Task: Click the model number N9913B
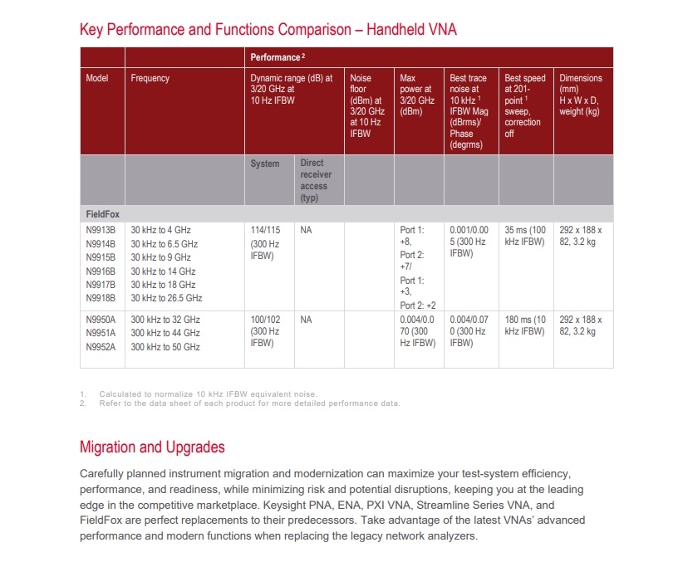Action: click(x=99, y=230)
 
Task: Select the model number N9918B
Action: click(x=99, y=298)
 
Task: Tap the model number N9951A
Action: click(x=99, y=333)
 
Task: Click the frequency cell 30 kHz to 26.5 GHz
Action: click(x=166, y=298)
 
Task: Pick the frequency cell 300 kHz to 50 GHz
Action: click(x=165, y=346)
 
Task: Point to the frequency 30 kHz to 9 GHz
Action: click(x=161, y=257)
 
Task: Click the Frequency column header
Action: click(x=150, y=79)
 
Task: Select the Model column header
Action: click(x=97, y=79)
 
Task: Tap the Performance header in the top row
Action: click(x=275, y=57)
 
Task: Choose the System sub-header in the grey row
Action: click(x=265, y=164)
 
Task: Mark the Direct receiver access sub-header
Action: click(x=314, y=174)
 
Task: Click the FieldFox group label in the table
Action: click(x=103, y=214)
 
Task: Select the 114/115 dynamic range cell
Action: click(x=265, y=230)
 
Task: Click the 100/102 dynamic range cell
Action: click(x=265, y=320)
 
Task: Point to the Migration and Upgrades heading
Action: click(x=152, y=447)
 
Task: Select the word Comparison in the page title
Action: click(x=307, y=30)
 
